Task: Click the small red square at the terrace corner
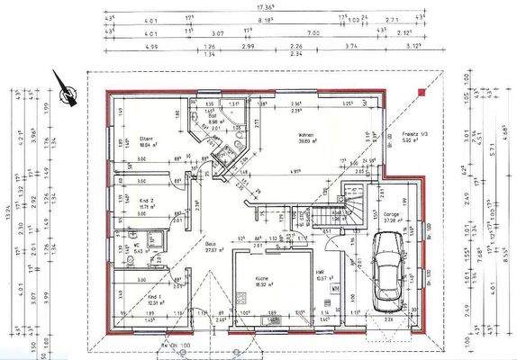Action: tap(420, 91)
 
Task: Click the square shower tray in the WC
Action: tap(153, 239)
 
